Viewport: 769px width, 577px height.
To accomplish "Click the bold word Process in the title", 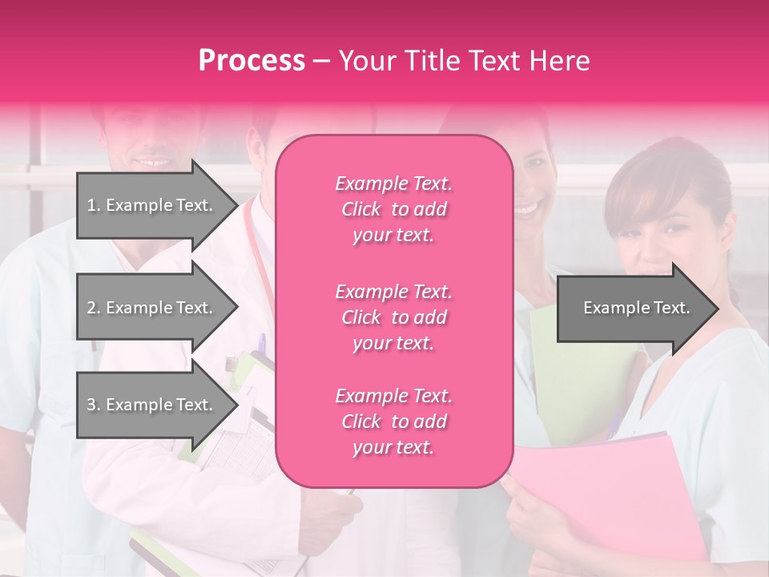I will pyautogui.click(x=252, y=61).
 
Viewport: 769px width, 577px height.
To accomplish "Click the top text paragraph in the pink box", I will pyautogui.click(x=393, y=209).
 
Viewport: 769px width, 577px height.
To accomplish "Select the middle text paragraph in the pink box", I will pyautogui.click(x=393, y=317).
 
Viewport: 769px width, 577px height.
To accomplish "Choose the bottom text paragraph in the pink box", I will pyautogui.click(x=393, y=422).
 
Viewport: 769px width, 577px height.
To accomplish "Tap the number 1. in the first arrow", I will pyautogui.click(x=94, y=205).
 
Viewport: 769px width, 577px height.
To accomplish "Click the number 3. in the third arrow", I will pyautogui.click(x=94, y=405).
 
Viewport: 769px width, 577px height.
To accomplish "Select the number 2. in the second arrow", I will pyautogui.click(x=94, y=308).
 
